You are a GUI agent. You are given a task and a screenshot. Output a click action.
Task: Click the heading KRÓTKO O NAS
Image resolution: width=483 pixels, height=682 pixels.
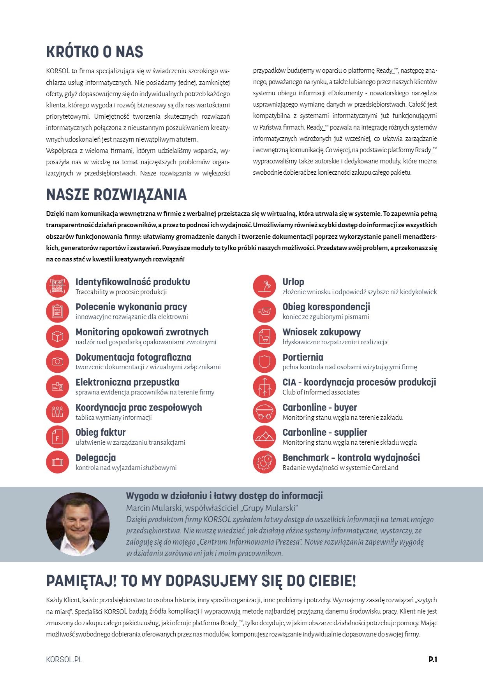pyautogui.click(x=95, y=52)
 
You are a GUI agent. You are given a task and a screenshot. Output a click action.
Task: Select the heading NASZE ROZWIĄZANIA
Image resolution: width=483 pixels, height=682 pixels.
pyautogui.click(x=116, y=195)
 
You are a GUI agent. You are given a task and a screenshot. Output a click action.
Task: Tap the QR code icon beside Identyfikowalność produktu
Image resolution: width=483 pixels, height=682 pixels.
pyautogui.click(x=58, y=286)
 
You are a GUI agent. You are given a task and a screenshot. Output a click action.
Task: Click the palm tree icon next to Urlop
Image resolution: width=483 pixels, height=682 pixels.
pyautogui.click(x=264, y=286)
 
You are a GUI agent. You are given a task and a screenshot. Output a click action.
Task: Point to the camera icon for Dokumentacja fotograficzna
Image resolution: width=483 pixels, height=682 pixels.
pyautogui.click(x=58, y=361)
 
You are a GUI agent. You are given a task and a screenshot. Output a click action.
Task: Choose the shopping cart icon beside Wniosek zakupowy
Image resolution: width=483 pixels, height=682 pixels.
pyautogui.click(x=264, y=336)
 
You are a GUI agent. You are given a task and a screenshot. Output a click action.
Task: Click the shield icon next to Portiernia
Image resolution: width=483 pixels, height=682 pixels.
pyautogui.click(x=264, y=361)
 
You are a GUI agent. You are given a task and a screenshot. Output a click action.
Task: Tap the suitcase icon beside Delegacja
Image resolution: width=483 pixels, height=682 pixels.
pyautogui.click(x=58, y=462)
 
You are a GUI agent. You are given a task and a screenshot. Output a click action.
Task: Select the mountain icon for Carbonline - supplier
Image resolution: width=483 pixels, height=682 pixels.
pyautogui.click(x=264, y=437)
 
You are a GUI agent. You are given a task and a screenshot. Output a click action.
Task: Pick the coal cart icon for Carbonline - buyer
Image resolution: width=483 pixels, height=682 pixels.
pyautogui.click(x=264, y=412)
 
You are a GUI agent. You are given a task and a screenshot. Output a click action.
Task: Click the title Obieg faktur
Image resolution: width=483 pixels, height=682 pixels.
pyautogui.click(x=100, y=432)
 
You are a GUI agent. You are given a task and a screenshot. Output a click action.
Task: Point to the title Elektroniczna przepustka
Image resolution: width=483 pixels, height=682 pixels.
pyautogui.click(x=127, y=382)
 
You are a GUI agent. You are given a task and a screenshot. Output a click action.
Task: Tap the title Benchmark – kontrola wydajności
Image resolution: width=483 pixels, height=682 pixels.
pyautogui.click(x=351, y=458)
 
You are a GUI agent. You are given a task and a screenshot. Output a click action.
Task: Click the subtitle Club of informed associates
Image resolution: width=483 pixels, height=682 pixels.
pyautogui.click(x=321, y=392)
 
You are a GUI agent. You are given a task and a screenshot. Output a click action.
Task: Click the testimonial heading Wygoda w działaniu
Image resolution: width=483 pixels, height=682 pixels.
pyautogui.click(x=224, y=496)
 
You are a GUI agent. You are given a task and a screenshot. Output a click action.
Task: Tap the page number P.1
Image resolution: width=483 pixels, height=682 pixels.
pyautogui.click(x=432, y=659)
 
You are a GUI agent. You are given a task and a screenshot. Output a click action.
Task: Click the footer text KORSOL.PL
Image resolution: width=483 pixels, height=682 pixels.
pyautogui.click(x=64, y=659)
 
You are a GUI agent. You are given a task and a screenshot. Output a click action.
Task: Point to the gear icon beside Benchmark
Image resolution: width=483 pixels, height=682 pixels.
pyautogui.click(x=264, y=462)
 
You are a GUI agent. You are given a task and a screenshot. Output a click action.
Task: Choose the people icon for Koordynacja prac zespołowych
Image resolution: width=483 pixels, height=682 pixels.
pyautogui.click(x=58, y=412)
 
